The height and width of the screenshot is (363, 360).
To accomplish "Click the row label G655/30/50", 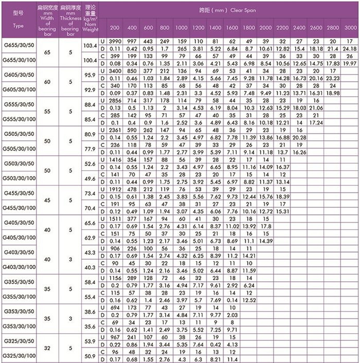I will (x=19, y=45).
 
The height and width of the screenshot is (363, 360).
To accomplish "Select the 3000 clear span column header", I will (x=350, y=27).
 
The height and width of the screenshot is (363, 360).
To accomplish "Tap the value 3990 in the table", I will (x=115, y=41).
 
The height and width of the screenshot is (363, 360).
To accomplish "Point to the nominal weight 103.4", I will (x=89, y=46).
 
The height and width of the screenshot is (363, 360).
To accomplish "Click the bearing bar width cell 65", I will (x=48, y=52).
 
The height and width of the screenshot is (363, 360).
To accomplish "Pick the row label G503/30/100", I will (x=19, y=178).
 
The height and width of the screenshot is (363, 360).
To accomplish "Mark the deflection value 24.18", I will (x=350, y=48).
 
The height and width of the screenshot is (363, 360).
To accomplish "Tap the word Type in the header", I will (x=19, y=25).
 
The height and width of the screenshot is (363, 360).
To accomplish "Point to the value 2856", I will (x=115, y=101).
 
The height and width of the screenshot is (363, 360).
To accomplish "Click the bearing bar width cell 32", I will (x=48, y=348).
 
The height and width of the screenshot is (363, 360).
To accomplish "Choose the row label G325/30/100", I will (x=19, y=356).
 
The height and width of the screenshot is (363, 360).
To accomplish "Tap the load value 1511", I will (x=115, y=219).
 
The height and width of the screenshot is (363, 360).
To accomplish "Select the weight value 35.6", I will (x=89, y=326).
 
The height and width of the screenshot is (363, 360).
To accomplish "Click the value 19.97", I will (x=350, y=63).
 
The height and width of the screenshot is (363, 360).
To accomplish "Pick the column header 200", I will (x=115, y=27).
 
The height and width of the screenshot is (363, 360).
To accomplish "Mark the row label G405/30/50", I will (x=19, y=222).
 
